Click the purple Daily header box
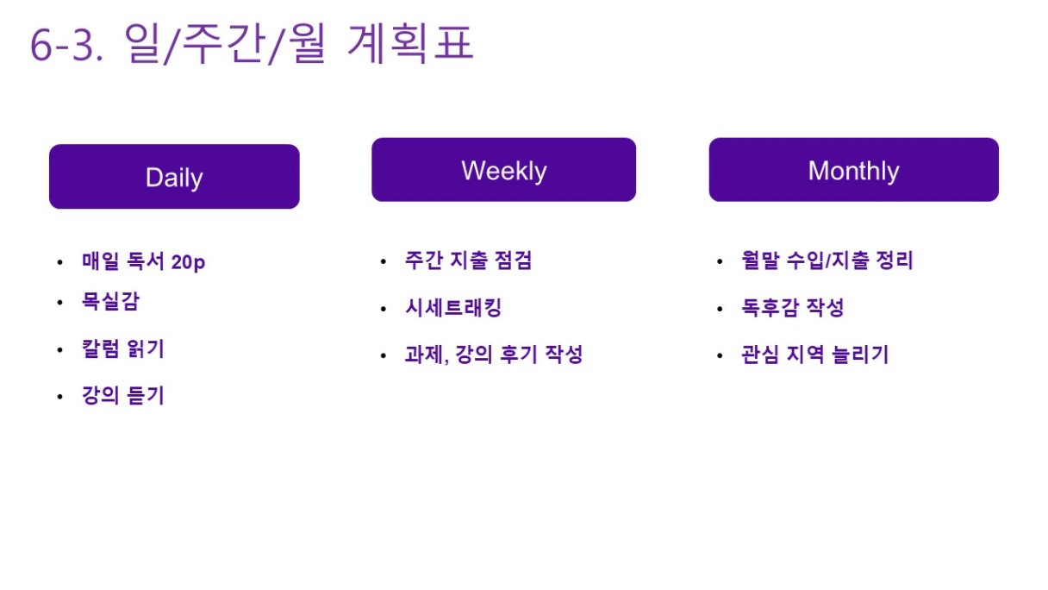(x=174, y=177)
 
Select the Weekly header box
(x=503, y=170)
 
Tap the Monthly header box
(x=853, y=170)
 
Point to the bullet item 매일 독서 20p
(x=143, y=260)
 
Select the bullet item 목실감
(x=110, y=301)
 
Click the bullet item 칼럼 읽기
(x=123, y=348)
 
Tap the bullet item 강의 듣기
(x=123, y=395)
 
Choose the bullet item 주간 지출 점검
(x=468, y=260)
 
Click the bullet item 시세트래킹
(x=453, y=308)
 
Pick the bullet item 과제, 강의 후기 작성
(x=494, y=354)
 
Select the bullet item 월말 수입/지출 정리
(x=827, y=260)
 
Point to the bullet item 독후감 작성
(x=793, y=308)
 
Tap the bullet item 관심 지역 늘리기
(x=815, y=354)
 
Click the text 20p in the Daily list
(x=188, y=262)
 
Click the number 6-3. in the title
(x=66, y=46)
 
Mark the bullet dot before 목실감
(x=59, y=303)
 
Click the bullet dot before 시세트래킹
(x=384, y=309)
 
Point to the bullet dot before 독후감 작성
(x=720, y=309)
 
